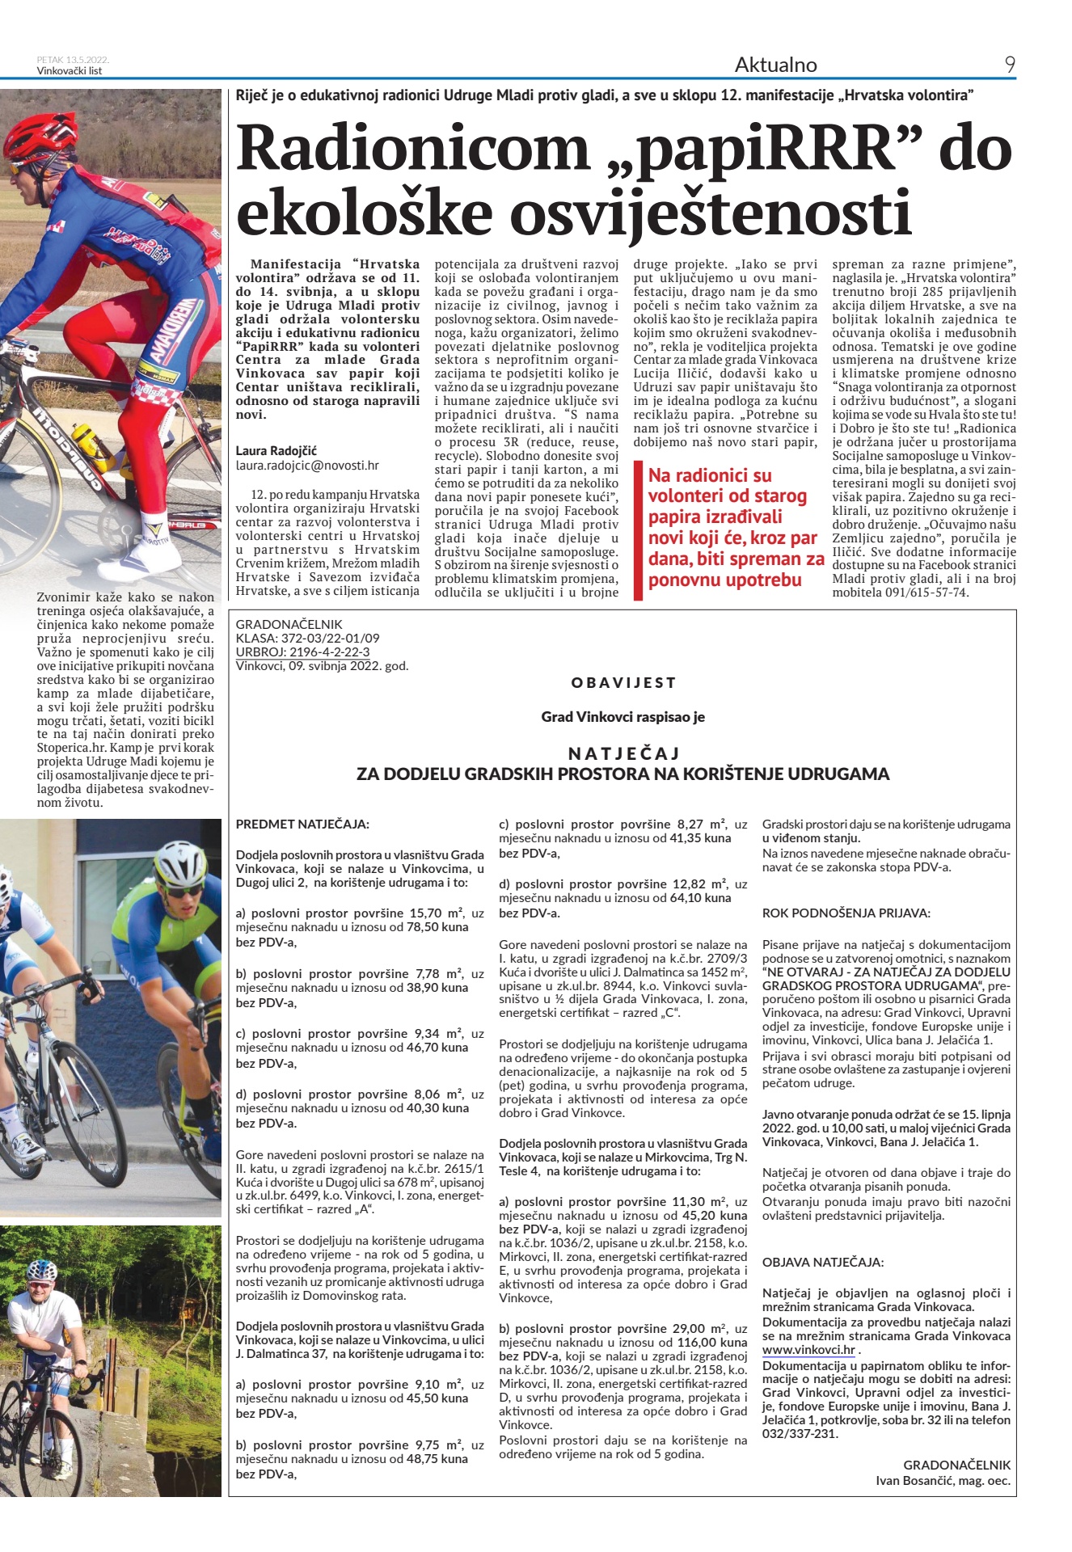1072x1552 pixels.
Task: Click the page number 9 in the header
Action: click(x=1010, y=65)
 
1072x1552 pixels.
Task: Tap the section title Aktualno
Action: click(x=775, y=65)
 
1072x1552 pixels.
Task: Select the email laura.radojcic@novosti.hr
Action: click(x=307, y=466)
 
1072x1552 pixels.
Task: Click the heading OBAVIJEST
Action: click(x=623, y=683)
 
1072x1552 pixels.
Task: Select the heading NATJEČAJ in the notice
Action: click(x=623, y=753)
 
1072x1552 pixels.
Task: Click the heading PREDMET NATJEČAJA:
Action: click(x=302, y=824)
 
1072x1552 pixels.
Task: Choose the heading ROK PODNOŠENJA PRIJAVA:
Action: click(x=846, y=913)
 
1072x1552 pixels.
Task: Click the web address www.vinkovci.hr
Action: click(x=808, y=1350)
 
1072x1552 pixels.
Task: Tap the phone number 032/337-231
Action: click(x=800, y=1434)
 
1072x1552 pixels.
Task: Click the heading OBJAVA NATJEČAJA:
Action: click(x=823, y=1262)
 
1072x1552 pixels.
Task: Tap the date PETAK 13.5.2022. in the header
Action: click(x=73, y=60)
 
